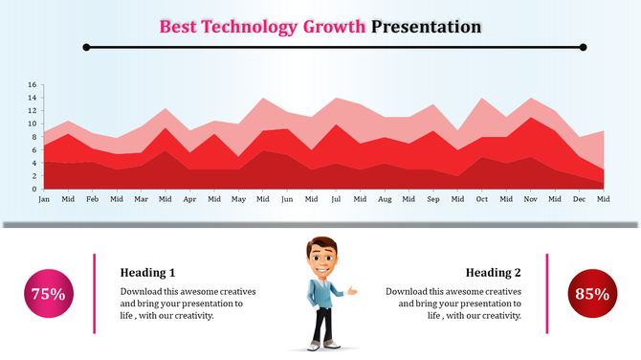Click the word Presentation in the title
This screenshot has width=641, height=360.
tap(426, 27)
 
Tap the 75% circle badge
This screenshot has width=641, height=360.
tap(48, 294)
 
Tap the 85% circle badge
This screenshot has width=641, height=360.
tap(591, 294)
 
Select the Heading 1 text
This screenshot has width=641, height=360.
tap(147, 272)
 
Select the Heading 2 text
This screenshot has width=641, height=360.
tap(493, 272)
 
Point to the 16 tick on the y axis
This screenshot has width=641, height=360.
tap(32, 85)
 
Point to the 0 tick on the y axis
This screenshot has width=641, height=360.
tap(33, 189)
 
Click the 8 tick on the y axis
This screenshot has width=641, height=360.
tap(33, 137)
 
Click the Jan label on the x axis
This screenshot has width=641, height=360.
tap(44, 199)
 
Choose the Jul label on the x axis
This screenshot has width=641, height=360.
tap(336, 199)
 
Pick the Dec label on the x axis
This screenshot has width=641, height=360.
tap(579, 199)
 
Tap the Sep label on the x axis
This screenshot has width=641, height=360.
tap(433, 199)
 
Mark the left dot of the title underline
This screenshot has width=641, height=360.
tap(86, 47)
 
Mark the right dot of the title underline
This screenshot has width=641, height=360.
tap(583, 47)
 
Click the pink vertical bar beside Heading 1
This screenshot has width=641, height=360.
tap(94, 294)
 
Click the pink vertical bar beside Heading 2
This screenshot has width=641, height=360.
tap(547, 294)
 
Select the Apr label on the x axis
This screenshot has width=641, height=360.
tap(189, 199)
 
